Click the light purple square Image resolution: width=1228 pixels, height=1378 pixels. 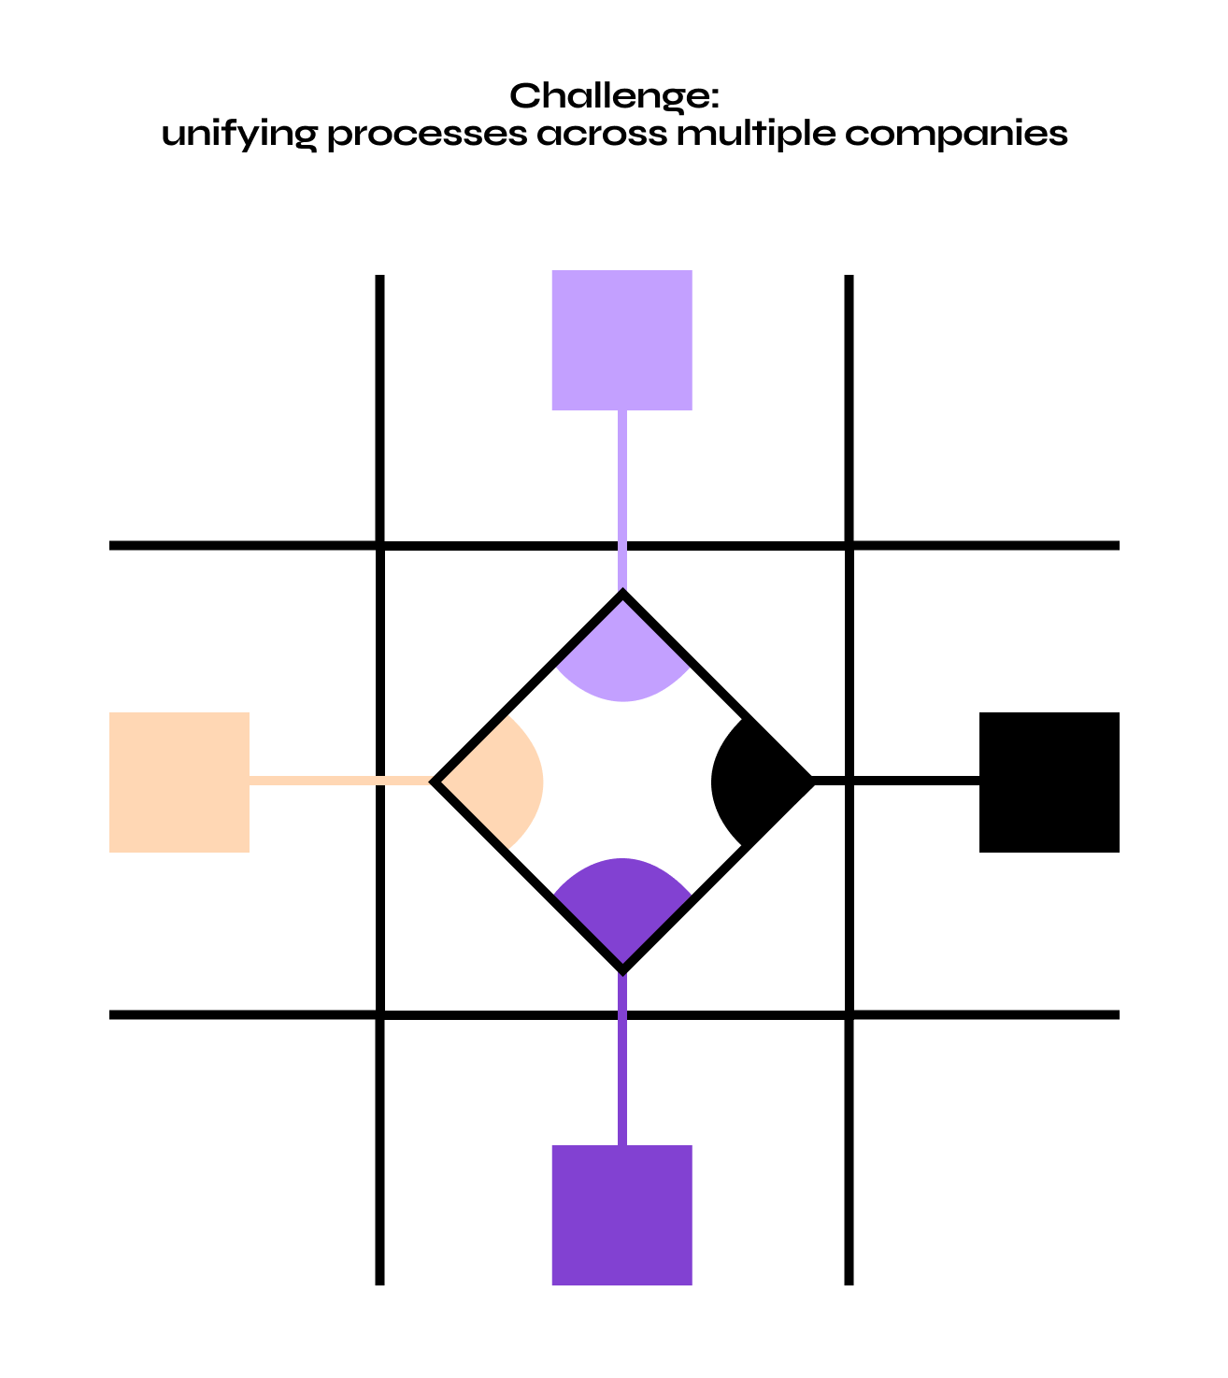(621, 340)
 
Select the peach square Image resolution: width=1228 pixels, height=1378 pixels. (179, 782)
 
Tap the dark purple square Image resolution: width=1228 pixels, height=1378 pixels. (621, 1215)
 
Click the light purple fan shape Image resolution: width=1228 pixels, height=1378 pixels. (622, 659)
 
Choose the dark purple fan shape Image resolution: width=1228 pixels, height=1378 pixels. (622, 902)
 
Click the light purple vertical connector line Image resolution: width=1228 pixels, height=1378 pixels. (622, 500)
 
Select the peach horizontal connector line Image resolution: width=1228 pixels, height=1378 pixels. (340, 781)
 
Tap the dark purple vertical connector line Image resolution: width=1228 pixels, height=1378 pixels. (622, 1061)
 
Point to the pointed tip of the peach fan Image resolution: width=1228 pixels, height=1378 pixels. (443, 782)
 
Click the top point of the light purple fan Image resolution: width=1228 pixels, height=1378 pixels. (622, 601)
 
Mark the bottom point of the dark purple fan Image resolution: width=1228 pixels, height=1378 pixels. (622, 961)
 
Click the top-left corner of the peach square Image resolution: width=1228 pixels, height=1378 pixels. (111, 714)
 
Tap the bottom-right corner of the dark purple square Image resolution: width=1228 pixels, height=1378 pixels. (691, 1284)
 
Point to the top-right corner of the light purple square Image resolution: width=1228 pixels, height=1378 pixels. (691, 272)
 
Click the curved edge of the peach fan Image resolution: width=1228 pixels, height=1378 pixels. (541, 782)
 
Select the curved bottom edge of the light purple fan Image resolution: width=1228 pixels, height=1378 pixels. (622, 699)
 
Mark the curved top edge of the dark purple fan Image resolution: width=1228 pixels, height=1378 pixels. (622, 860)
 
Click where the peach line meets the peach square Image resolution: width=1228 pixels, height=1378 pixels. (250, 781)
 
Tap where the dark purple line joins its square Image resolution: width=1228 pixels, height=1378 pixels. (622, 1144)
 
